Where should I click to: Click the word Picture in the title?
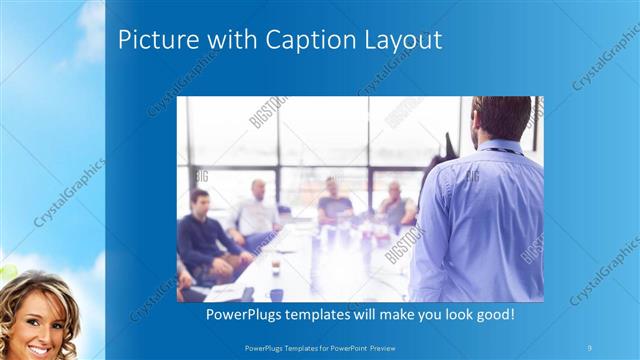point(151,40)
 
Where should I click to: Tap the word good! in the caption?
point(495,314)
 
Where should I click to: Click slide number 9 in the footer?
point(589,346)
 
